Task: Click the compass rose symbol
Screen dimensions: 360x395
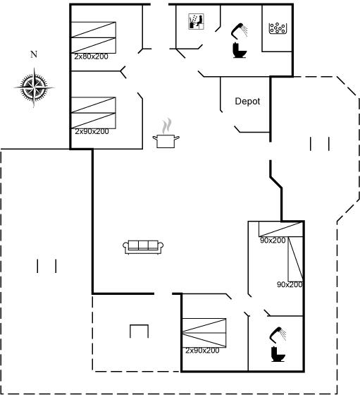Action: coord(34,87)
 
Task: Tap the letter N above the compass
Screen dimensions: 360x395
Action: coord(34,54)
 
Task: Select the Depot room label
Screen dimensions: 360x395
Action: coord(247,102)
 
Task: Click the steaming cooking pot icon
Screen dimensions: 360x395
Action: coord(166,133)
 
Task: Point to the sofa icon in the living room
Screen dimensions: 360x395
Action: coord(143,247)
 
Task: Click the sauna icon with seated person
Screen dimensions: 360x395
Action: coord(197,22)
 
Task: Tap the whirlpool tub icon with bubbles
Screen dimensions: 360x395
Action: coord(278,28)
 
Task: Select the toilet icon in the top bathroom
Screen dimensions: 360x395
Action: coord(240,50)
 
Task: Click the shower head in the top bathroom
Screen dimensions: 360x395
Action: coord(240,31)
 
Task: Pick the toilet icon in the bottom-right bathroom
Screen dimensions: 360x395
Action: coord(278,354)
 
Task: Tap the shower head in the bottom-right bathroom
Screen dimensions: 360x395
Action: coord(278,334)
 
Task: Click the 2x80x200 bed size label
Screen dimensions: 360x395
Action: coord(91,56)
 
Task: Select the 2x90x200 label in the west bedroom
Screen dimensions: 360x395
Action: coord(92,131)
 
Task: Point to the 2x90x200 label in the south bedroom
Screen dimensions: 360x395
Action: coord(202,351)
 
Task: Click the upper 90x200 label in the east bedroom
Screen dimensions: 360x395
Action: coord(273,241)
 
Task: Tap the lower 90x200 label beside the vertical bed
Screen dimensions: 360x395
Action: coord(290,284)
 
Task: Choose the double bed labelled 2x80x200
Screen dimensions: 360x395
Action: coord(93,37)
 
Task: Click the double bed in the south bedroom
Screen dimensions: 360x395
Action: coord(204,333)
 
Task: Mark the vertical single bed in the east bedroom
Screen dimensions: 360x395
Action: coord(295,259)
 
